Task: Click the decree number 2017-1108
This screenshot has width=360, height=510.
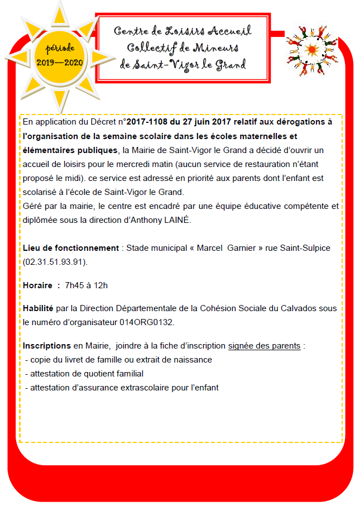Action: [147, 122]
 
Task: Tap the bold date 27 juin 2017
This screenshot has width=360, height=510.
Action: [207, 122]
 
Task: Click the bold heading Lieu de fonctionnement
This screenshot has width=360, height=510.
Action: [70, 247]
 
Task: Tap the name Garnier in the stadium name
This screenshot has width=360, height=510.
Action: [243, 247]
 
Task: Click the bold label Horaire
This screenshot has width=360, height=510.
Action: [37, 285]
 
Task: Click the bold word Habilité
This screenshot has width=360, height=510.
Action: [38, 308]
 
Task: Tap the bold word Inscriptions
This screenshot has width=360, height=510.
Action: [47, 346]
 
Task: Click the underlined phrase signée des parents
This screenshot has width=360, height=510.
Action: [265, 346]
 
